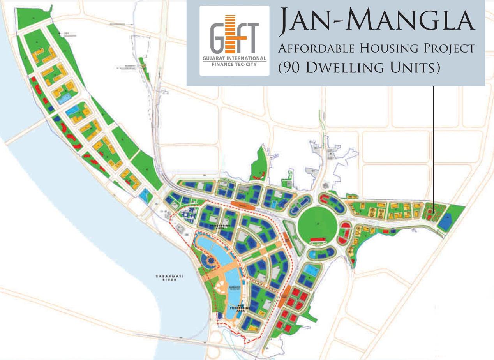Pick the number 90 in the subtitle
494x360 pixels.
(291, 67)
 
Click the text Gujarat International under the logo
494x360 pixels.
(234, 58)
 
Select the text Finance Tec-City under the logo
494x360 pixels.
(234, 64)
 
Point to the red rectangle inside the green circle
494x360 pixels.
(319, 239)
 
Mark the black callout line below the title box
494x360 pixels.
(433, 144)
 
